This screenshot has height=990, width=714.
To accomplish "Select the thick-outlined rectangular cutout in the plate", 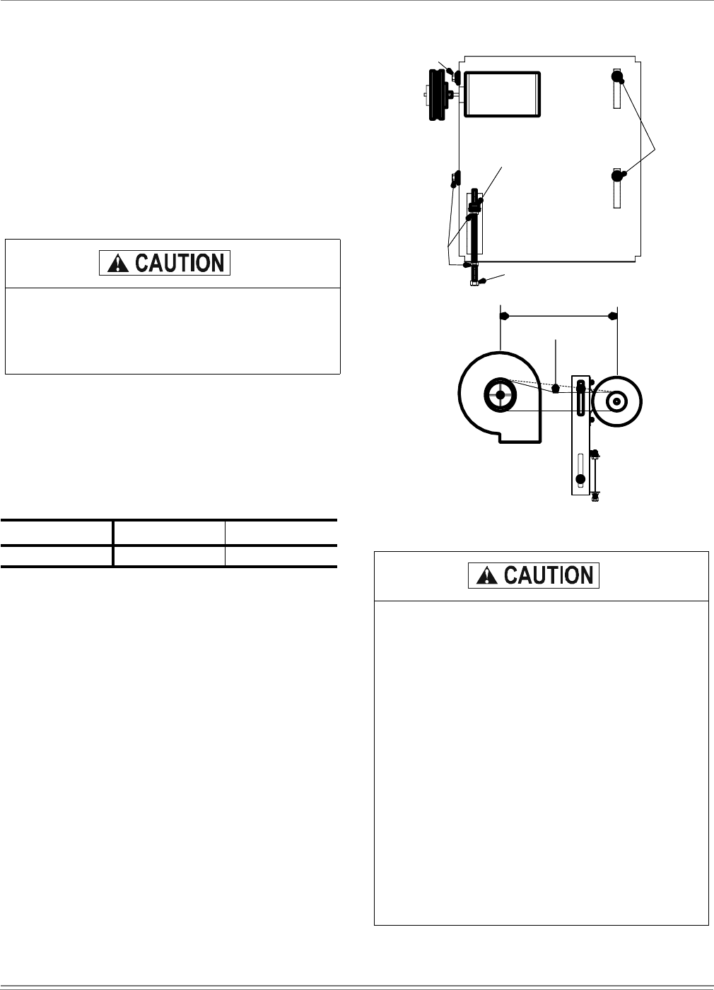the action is (x=501, y=93).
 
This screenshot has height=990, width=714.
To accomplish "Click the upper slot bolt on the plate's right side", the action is (x=617, y=76).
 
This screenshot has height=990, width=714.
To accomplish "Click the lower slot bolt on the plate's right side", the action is (x=617, y=174).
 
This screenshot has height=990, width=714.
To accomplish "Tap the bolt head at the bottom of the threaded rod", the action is (x=474, y=284).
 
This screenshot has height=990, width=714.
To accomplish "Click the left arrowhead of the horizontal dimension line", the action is (x=505, y=317).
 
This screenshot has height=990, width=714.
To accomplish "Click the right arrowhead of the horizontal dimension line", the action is (x=612, y=317).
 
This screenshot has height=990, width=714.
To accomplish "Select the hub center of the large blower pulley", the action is (x=500, y=396).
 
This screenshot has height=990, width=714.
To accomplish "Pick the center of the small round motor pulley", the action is (x=617, y=401).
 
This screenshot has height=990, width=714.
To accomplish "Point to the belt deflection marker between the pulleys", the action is (x=556, y=389).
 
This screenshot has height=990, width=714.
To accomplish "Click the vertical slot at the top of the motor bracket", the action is (x=580, y=399).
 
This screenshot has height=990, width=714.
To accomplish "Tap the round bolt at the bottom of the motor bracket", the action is (x=580, y=479).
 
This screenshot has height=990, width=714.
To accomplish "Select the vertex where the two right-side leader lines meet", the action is (x=656, y=147).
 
